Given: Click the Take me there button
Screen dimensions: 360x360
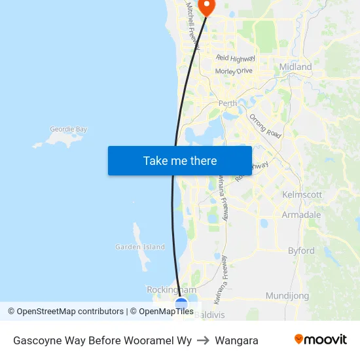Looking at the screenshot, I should point(180,160).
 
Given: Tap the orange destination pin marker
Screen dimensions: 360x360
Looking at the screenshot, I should point(207,7).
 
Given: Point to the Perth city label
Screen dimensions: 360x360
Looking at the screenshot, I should point(228,103).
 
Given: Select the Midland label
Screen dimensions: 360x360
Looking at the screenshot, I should point(295,67).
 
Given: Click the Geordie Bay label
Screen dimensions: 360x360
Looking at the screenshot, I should point(69,130).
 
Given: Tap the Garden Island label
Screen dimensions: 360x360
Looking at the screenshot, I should point(140,247).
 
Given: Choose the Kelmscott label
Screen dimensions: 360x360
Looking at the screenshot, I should point(302,195).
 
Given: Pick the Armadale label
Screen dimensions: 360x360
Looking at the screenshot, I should point(301,215).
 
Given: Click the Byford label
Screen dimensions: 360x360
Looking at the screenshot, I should point(301,251).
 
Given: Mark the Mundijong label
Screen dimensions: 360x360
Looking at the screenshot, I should point(287,296).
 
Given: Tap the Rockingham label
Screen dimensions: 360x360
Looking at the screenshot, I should point(171,289).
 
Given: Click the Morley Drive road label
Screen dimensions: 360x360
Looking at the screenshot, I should point(234,71).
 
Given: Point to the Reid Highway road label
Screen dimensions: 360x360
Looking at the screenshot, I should point(235,58).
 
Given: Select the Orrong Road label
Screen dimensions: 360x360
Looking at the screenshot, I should point(265,126).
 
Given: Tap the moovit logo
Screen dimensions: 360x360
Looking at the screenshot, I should point(321,340).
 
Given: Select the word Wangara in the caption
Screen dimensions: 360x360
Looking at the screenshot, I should point(236,340).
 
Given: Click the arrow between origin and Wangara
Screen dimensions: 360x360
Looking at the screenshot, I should point(204,340).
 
